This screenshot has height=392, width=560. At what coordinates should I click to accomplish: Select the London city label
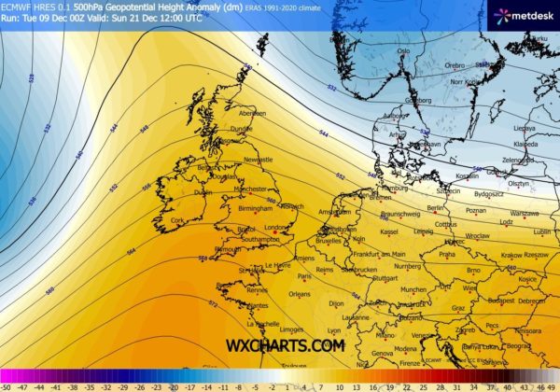pyautogui.click(x=274, y=227)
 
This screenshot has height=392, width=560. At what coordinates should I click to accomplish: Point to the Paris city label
pyautogui.click(x=303, y=276)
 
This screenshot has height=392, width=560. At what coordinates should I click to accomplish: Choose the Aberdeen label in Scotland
pyautogui.click(x=252, y=113)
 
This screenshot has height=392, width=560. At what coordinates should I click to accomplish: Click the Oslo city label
pyautogui.click(x=404, y=51)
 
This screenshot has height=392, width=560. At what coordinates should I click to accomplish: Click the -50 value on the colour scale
pyautogui.click(x=7, y=385)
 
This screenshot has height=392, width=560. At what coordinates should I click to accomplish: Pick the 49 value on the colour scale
pyautogui.click(x=553, y=385)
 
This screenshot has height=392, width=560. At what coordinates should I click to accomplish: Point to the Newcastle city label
pyautogui.click(x=258, y=160)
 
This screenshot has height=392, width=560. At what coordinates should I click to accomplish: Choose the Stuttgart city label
pyautogui.click(x=385, y=278)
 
